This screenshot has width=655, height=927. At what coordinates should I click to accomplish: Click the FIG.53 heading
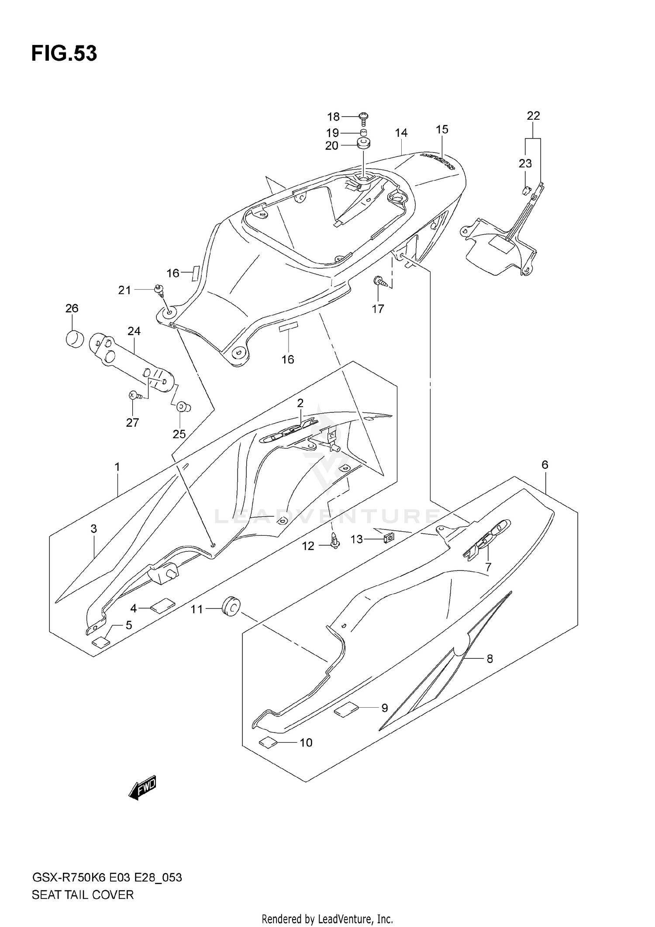pos(64,53)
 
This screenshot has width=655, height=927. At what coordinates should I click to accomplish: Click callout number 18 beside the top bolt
pos(333,117)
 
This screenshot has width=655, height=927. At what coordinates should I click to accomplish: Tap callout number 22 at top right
pos(533,116)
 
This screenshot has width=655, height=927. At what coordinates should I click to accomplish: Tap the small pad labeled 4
pos(162,606)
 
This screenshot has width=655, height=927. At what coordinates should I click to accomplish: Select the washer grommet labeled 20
pos(362,143)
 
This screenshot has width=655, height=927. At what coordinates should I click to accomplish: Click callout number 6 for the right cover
pos(545,465)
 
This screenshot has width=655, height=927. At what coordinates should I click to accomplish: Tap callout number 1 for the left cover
pos(117,467)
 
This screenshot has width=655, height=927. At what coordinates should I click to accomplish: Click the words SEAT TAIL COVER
pos(83,895)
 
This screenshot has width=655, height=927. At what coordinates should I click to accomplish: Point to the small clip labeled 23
pos(526,190)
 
